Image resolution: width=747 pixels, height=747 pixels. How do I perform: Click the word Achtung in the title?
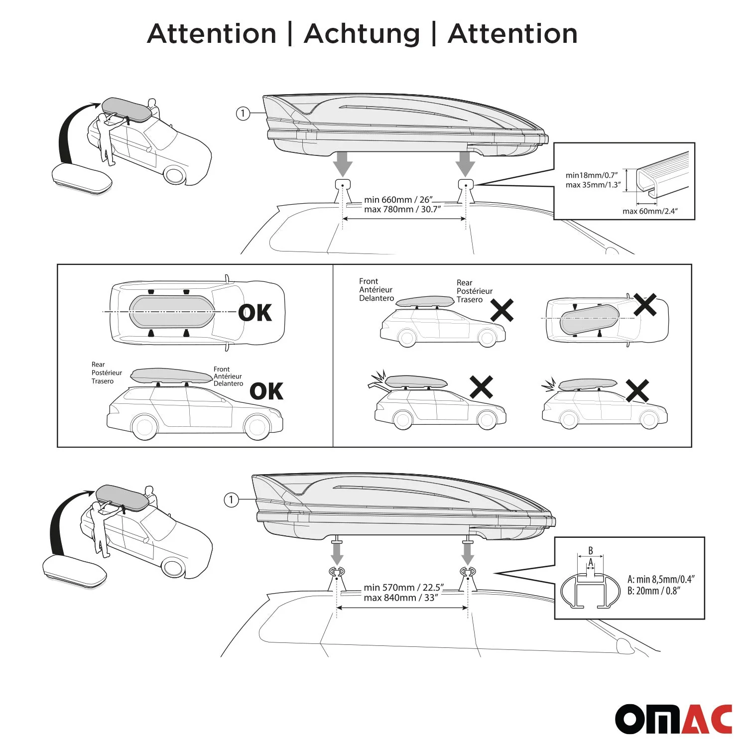pos(362,34)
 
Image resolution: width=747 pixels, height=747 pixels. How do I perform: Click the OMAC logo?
pos(673,719)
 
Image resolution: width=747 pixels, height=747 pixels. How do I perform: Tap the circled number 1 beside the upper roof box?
pos(243,114)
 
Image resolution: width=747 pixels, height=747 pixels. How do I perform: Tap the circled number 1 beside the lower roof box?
pos(231,499)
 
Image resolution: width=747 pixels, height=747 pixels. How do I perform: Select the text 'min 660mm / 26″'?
pos(398,200)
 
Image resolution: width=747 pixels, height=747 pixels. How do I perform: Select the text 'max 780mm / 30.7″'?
pos(402,210)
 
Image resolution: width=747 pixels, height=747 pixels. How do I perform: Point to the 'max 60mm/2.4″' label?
pos(650,211)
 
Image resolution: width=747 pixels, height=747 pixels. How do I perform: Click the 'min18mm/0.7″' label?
pos(592,175)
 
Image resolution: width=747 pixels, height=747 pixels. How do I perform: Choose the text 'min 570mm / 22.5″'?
pos(403,588)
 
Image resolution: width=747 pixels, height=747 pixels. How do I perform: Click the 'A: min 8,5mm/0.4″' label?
pos(661,579)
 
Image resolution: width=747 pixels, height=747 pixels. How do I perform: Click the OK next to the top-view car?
pos(255,313)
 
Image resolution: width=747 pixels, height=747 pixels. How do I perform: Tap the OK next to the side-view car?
pos(266,391)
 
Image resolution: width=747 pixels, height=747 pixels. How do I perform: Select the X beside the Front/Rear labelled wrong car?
pos(502,310)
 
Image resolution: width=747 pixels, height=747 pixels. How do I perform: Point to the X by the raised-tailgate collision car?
pos(481,387)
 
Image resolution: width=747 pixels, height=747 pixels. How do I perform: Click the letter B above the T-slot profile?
pos(591,551)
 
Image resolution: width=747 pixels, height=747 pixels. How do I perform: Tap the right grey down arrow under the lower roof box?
pos(468,552)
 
